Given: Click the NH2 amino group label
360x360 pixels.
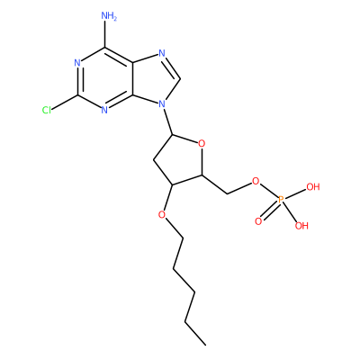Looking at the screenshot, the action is point(109,16).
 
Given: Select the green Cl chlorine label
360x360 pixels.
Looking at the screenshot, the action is point(47,111).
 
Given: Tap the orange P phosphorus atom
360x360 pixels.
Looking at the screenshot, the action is point(281,199).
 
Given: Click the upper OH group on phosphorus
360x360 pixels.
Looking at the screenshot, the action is point(313,187).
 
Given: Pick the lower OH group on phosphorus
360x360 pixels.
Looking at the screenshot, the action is point(301,226).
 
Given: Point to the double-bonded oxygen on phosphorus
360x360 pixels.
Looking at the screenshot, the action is point(258,221).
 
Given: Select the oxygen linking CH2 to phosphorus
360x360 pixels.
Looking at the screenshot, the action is point(256,181).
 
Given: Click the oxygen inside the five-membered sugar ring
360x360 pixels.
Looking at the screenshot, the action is point(202,144).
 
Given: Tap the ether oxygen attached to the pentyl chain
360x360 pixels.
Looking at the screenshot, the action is point(162,215).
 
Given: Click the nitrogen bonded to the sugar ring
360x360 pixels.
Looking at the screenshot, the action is point(162,104).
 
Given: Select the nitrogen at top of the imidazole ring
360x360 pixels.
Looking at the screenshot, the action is point(162,53).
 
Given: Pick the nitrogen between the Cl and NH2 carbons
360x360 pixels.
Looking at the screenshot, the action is point(77,63).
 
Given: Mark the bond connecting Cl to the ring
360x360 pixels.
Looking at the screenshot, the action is point(65,103).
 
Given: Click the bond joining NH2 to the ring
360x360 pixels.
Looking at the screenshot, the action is point(105,35).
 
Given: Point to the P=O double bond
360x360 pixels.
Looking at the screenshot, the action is point(269,211).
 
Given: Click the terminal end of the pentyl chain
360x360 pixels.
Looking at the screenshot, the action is point(205,345).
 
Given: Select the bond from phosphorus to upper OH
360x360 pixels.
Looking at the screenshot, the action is point(296,193).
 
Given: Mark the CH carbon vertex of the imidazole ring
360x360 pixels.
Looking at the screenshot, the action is point(180,78).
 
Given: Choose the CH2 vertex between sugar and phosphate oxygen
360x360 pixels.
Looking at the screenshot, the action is point(227,193).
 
